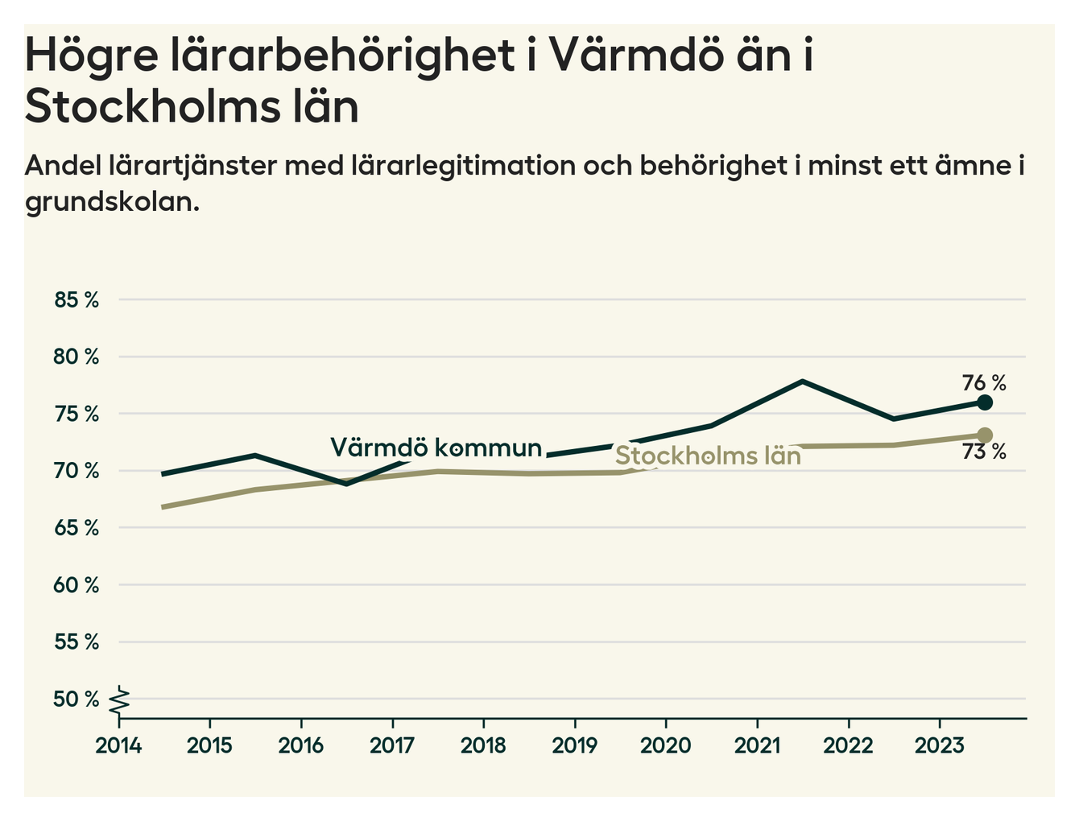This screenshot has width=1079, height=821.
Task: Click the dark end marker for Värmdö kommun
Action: point(984,402)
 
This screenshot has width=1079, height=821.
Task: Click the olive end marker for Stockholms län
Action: point(984,435)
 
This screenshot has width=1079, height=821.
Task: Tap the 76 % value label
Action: point(984,382)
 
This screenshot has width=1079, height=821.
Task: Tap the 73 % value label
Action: point(984,452)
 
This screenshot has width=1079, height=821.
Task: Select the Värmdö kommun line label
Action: point(436,448)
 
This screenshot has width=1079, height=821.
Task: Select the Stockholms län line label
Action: point(708,456)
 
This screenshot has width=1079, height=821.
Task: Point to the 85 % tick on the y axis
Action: point(76,300)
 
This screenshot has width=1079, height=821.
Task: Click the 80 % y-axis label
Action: point(76,357)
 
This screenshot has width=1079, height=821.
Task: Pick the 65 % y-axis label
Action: point(76,529)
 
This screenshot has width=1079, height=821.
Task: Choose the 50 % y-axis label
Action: point(76,699)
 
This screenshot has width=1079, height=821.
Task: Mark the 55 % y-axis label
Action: point(76,642)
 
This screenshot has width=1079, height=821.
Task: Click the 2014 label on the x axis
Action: point(118,745)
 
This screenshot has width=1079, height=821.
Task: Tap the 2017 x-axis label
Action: point(392,745)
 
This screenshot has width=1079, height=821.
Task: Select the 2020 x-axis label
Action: point(665,745)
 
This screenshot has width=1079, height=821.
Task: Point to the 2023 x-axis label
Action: point(939,745)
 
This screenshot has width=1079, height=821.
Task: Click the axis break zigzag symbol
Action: point(121,700)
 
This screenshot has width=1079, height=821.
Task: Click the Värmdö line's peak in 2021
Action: point(802,381)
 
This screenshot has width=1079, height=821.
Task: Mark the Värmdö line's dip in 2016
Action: point(346,484)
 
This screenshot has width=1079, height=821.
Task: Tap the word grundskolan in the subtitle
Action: point(111,202)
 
